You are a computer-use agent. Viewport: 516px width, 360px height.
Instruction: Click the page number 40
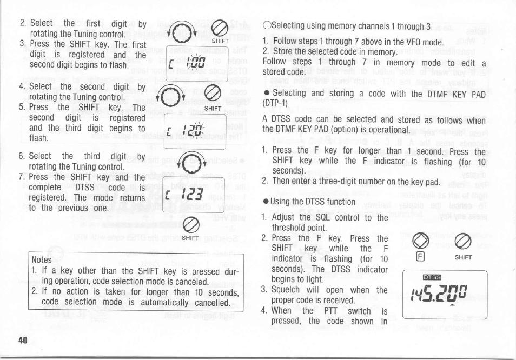(22, 340)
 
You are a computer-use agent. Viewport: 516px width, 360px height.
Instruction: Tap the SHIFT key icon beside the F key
(463, 241)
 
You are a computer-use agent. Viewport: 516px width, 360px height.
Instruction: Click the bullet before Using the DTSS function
(265, 202)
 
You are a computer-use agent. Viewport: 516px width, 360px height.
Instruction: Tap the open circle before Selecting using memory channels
(265, 26)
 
